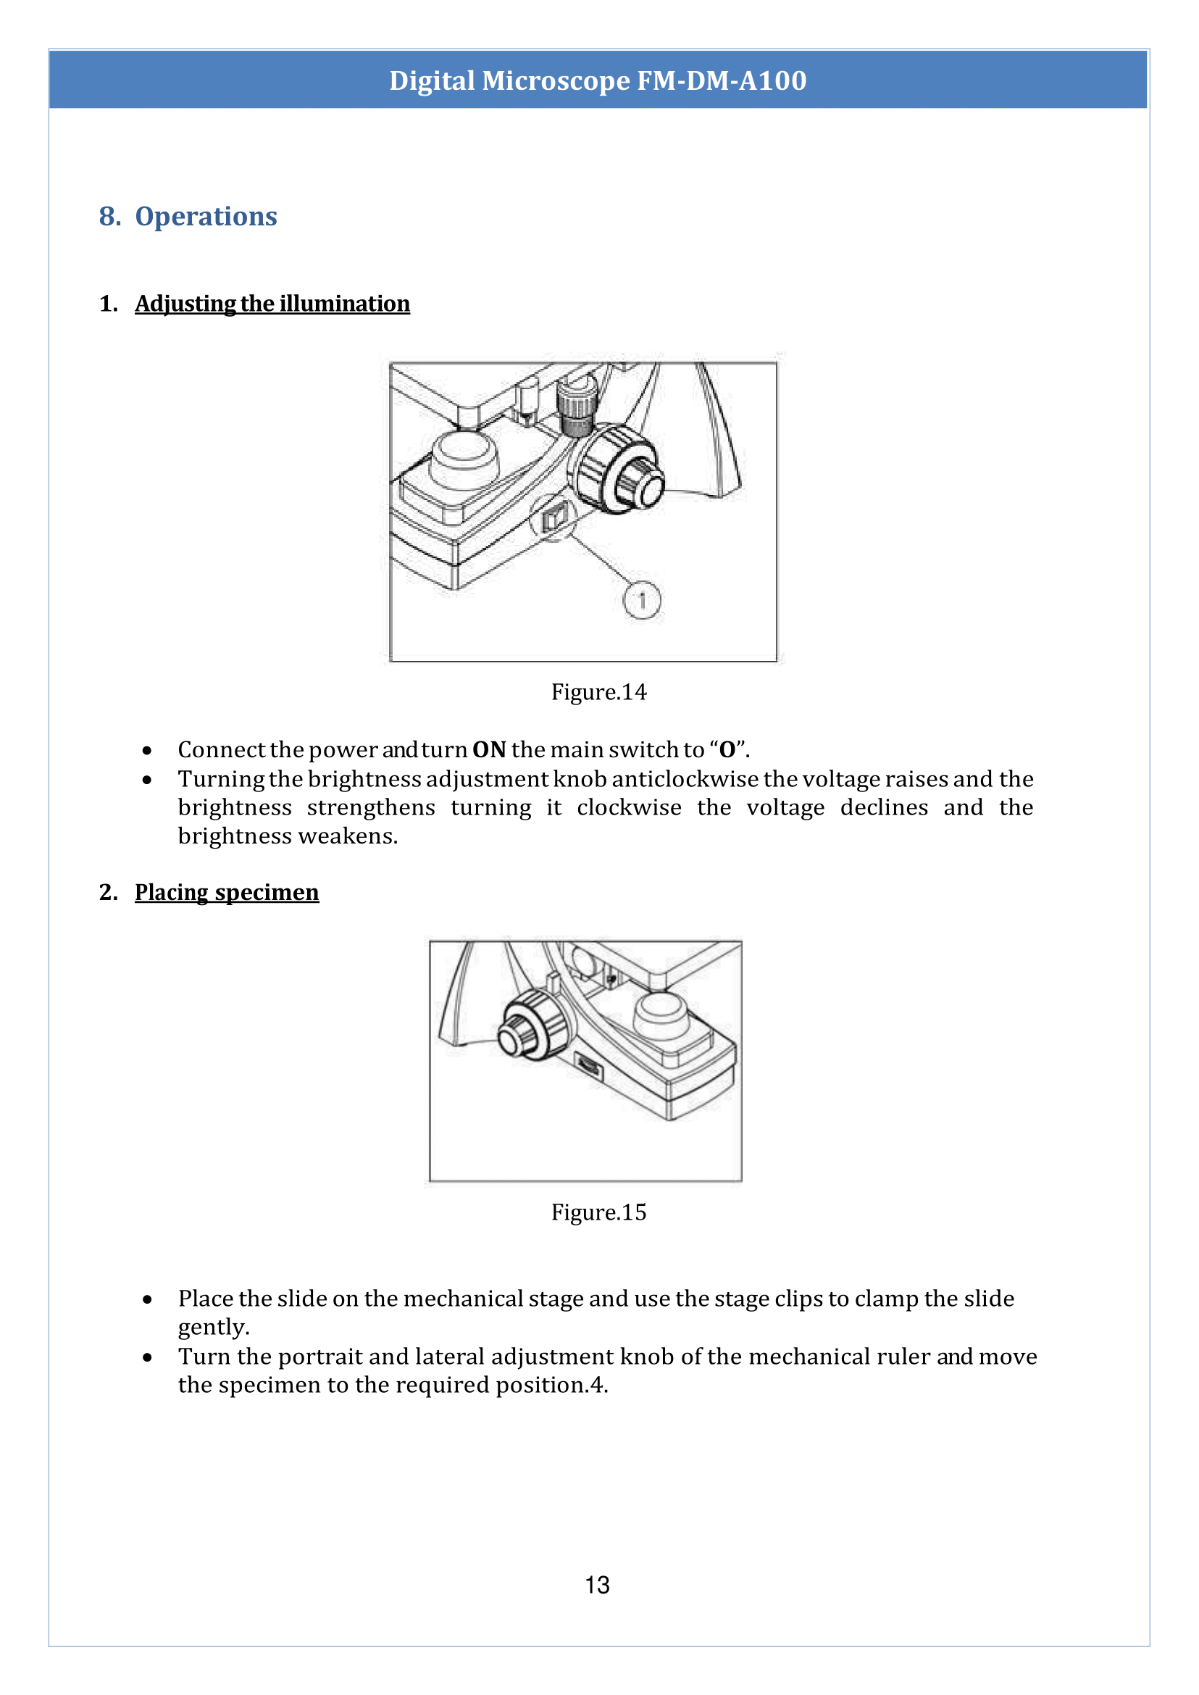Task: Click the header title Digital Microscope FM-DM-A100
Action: tap(598, 80)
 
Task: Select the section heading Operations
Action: tap(205, 217)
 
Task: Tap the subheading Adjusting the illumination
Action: tap(272, 304)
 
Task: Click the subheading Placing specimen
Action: tap(227, 892)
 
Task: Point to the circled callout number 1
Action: tap(642, 601)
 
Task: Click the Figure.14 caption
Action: tap(598, 692)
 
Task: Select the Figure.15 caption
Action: tap(598, 1212)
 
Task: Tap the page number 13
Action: tap(597, 1585)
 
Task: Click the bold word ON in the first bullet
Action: tap(489, 749)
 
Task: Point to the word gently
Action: tap(214, 1327)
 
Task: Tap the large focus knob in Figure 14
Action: tap(617, 470)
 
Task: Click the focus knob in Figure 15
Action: tap(532, 1026)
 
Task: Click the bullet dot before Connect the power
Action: tap(148, 751)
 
